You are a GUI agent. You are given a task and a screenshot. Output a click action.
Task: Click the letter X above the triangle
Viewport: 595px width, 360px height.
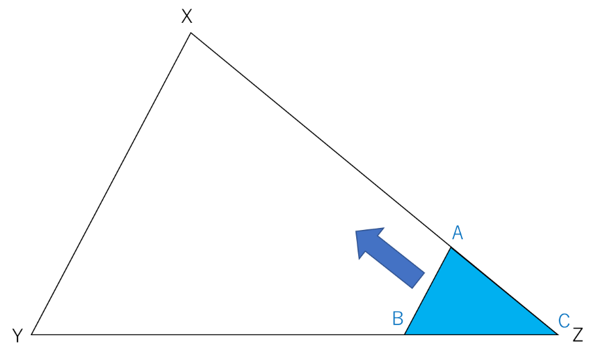pyautogui.click(x=186, y=16)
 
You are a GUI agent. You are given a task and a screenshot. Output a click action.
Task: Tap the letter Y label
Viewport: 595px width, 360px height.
pyautogui.click(x=17, y=336)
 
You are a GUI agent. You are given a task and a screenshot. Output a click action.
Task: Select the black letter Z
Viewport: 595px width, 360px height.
pyautogui.click(x=578, y=335)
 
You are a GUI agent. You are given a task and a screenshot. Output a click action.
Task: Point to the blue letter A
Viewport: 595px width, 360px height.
pyautogui.click(x=457, y=233)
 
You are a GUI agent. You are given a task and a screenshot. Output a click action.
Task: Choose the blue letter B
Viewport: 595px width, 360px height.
pyautogui.click(x=398, y=318)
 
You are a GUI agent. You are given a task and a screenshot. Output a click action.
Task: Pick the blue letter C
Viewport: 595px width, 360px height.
pyautogui.click(x=564, y=320)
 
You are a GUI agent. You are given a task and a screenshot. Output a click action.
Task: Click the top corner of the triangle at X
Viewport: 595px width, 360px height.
pyautogui.click(x=191, y=33)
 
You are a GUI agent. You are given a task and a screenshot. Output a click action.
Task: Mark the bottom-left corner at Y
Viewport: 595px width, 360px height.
pyautogui.click(x=32, y=335)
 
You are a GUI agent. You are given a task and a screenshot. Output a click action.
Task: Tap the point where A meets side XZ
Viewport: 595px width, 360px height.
pyautogui.click(x=451, y=247)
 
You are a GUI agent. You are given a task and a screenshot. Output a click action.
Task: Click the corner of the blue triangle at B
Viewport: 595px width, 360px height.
pyautogui.click(x=404, y=335)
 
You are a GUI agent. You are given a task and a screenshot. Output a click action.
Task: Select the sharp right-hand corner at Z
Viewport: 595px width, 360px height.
pyautogui.click(x=558, y=335)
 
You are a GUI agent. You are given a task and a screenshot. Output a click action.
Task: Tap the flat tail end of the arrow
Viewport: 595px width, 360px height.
pyautogui.click(x=419, y=281)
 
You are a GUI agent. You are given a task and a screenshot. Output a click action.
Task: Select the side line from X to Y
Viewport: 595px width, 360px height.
pyautogui.click(x=111, y=184)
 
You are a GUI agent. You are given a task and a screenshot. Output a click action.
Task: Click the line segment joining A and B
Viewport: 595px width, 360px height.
pyautogui.click(x=428, y=291)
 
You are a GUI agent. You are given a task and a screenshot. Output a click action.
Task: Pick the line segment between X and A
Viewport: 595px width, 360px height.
pyautogui.click(x=321, y=140)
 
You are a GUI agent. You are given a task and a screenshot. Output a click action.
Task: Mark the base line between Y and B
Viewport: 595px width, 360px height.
pyautogui.click(x=218, y=335)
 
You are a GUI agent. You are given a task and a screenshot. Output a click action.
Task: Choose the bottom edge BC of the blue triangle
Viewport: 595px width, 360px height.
pyautogui.click(x=481, y=335)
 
